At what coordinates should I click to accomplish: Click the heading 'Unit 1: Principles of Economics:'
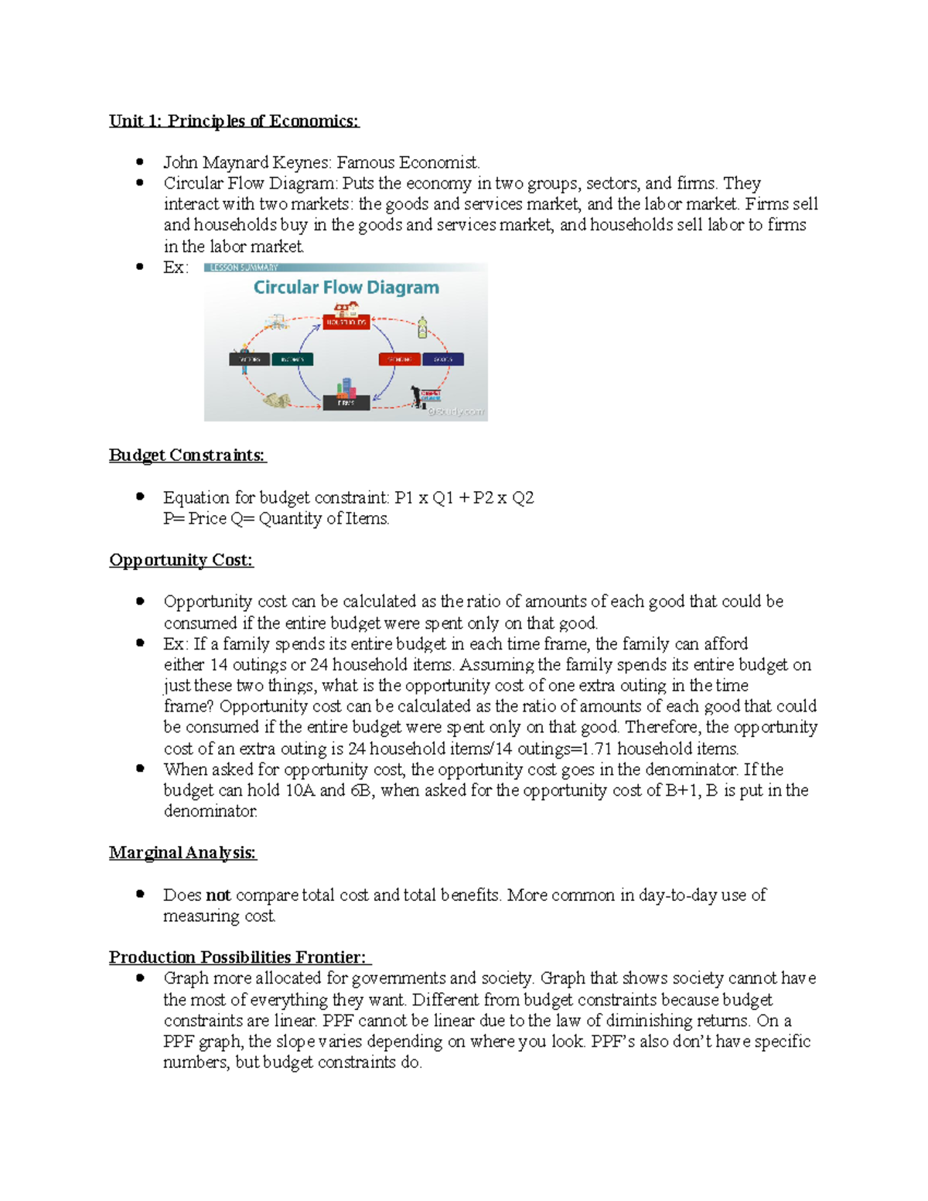pos(234,121)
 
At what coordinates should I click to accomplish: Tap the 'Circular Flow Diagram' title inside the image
pos(346,288)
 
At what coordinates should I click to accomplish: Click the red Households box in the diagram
pos(346,322)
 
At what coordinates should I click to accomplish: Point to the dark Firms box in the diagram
pos(346,403)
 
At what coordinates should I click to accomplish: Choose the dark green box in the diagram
pos(292,360)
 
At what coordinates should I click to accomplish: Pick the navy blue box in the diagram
pos(442,360)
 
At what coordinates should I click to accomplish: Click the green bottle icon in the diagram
pos(422,327)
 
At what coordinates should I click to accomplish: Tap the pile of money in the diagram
pos(276,400)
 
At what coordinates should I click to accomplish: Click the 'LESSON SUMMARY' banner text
pos(244,268)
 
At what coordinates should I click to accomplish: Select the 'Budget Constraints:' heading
pos(187,455)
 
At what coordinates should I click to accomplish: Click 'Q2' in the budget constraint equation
pos(523,497)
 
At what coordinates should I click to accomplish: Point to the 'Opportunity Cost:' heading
pos(181,560)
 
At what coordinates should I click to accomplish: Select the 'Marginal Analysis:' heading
pos(183,852)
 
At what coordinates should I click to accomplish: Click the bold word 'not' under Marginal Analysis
pos(218,895)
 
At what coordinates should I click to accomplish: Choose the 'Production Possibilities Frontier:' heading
pos(240,957)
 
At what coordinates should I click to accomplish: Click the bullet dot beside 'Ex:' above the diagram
pos(140,267)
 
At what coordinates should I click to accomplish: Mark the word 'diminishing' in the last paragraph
pos(627,1021)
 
